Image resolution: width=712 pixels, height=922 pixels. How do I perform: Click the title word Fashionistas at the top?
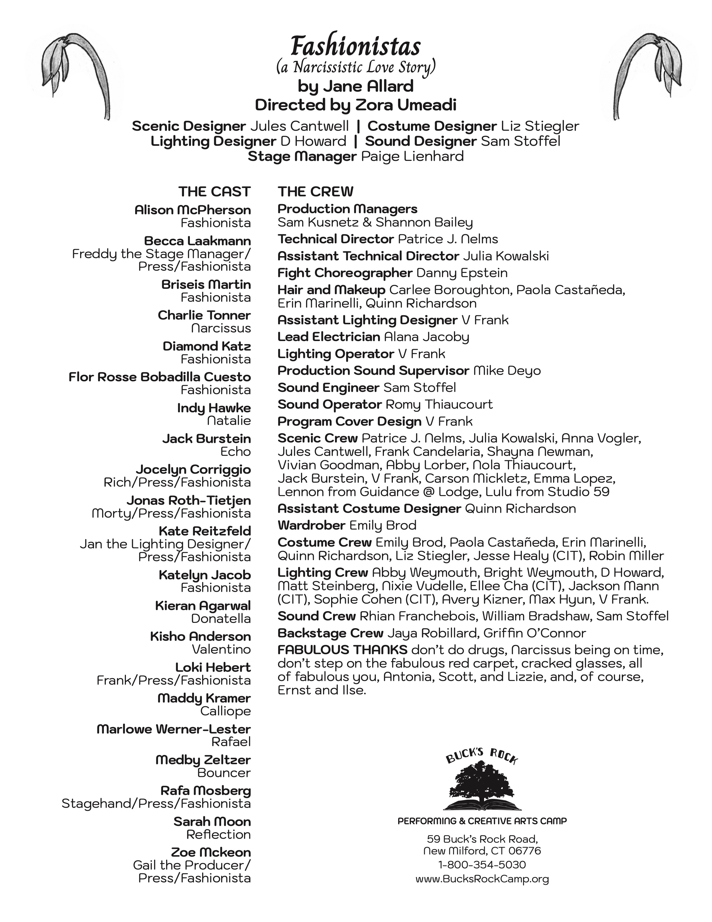click(355, 46)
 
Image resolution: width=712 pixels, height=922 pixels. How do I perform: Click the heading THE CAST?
click(214, 192)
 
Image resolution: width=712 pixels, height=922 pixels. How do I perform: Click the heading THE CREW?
click(315, 192)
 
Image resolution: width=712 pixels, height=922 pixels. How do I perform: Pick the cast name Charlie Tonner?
click(204, 315)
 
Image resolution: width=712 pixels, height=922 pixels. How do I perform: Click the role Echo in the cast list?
click(235, 451)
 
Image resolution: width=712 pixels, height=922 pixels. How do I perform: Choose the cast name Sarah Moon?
click(212, 821)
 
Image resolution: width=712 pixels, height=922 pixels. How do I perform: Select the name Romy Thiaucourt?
click(439, 404)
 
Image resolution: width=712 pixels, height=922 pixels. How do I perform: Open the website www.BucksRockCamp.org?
click(482, 879)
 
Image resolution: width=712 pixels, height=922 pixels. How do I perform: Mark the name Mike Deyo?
click(507, 371)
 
